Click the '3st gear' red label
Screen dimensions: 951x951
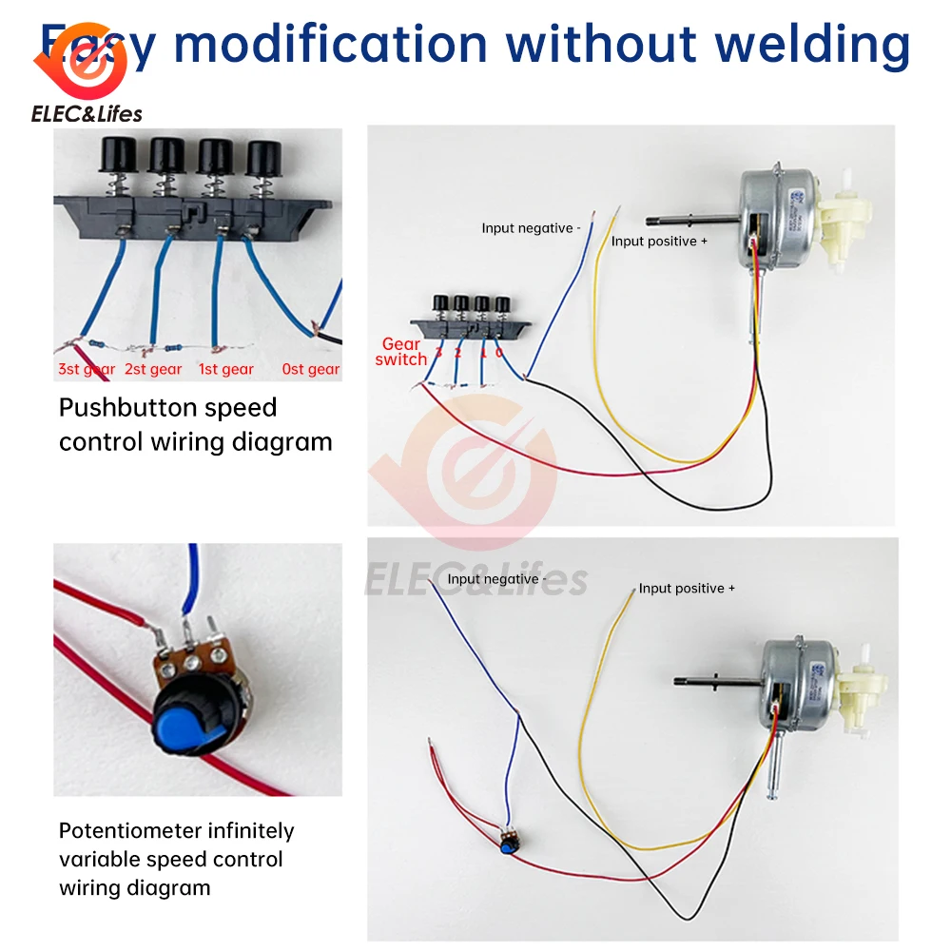pyautogui.click(x=87, y=369)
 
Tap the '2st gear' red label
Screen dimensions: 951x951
pyautogui.click(x=153, y=369)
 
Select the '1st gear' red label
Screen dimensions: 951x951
pyautogui.click(x=225, y=369)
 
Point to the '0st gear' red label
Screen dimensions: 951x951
pyautogui.click(x=311, y=369)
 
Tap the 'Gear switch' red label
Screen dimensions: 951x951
pyautogui.click(x=401, y=352)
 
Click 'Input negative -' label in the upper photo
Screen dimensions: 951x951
pyautogui.click(x=528, y=228)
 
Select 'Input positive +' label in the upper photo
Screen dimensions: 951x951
pyautogui.click(x=659, y=242)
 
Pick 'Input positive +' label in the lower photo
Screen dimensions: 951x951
pyautogui.click(x=687, y=589)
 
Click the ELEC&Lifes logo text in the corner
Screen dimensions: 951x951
pyautogui.click(x=87, y=114)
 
